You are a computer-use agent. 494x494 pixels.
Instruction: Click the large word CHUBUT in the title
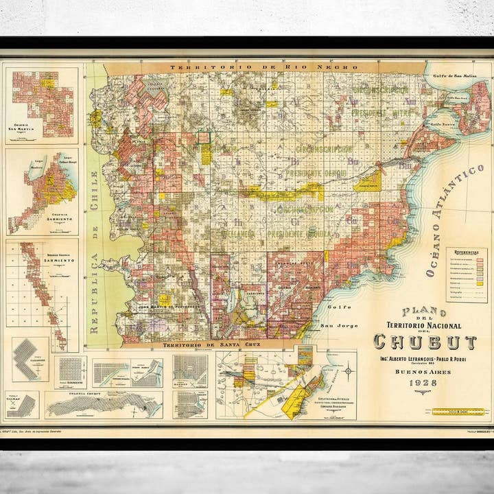(425, 342)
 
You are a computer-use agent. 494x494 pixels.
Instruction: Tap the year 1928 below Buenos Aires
(423, 383)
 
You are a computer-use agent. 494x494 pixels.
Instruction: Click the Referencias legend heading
(466, 252)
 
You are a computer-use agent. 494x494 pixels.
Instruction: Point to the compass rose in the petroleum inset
(348, 371)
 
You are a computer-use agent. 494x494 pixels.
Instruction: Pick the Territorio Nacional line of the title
(424, 325)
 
